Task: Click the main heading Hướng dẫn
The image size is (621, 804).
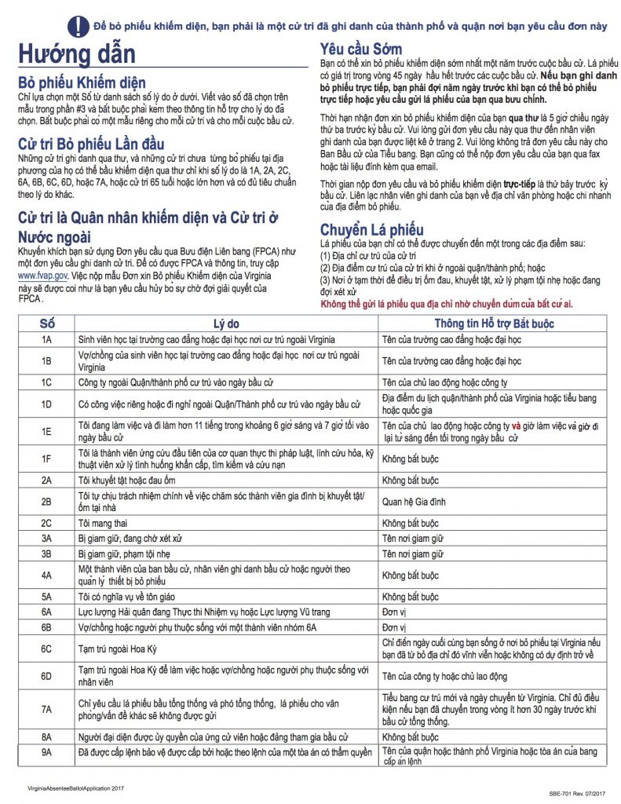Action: tap(78, 55)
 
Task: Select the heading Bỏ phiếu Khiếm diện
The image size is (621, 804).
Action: tap(82, 82)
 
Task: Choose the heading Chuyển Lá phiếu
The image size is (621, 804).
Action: tap(372, 230)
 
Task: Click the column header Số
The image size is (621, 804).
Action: tap(47, 323)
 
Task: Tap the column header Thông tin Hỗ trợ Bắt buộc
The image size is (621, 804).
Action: tap(495, 323)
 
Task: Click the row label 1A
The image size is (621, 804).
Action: tap(47, 339)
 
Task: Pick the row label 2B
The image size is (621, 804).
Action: tap(47, 500)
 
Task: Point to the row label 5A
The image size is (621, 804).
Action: tap(47, 597)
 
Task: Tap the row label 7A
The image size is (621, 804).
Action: tap(47, 709)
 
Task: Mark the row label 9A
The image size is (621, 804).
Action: tap(47, 753)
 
